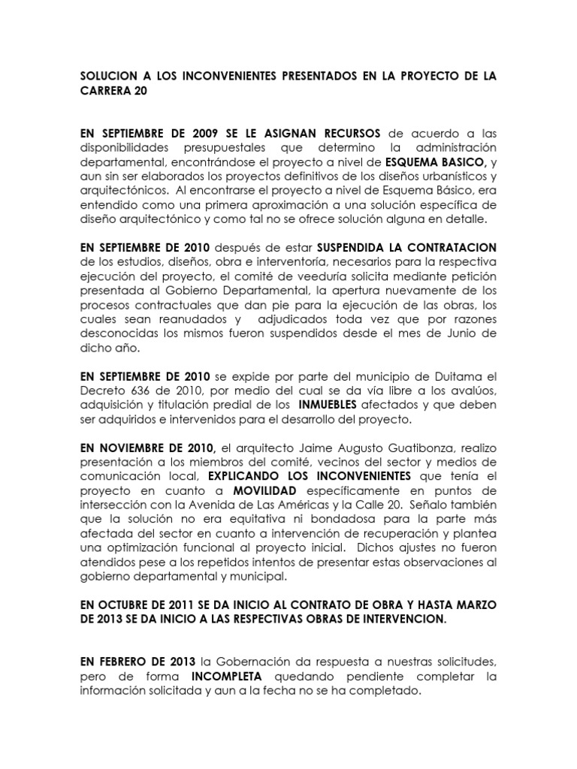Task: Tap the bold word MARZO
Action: (472, 605)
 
